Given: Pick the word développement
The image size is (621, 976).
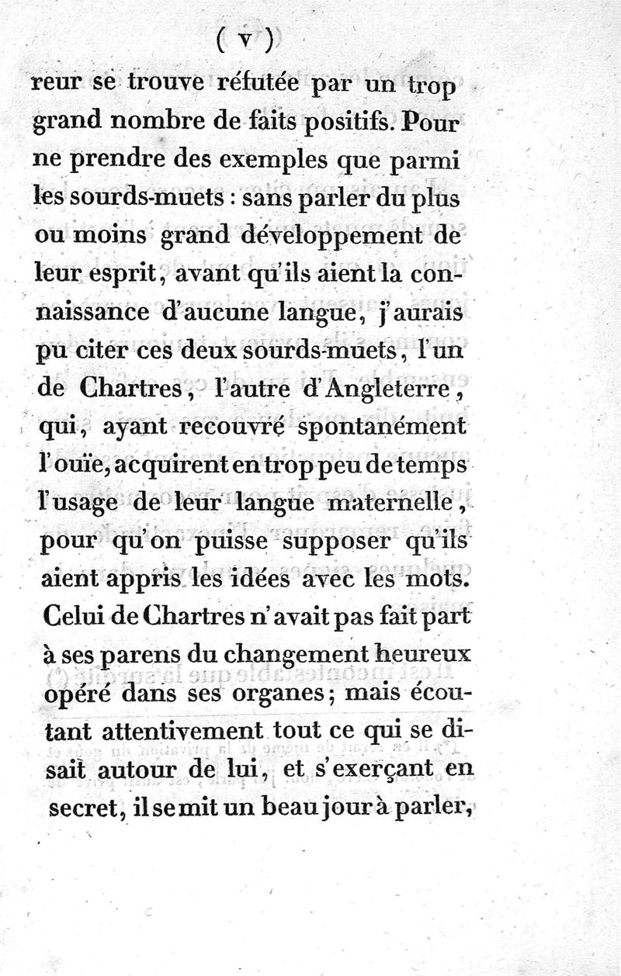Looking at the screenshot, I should [292, 235].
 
